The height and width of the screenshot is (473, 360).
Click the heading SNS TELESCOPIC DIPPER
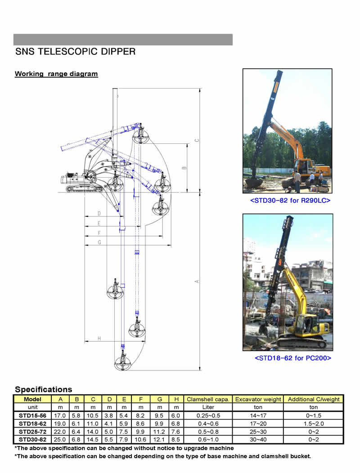tap(76, 51)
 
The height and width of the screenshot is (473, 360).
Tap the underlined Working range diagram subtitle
tap(56, 74)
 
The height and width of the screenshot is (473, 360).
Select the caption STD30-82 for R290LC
tap(290, 200)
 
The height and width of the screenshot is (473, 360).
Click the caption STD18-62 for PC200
tap(293, 358)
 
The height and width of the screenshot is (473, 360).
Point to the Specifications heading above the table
tap(44, 389)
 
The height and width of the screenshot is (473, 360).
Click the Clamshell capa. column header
tap(208, 399)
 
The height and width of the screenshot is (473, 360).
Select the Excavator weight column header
tap(258, 399)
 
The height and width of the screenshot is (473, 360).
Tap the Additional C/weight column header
tap(314, 399)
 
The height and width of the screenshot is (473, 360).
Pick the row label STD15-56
tap(32, 415)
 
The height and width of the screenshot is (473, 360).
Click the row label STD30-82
tap(32, 440)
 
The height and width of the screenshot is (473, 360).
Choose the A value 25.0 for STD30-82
tap(60, 440)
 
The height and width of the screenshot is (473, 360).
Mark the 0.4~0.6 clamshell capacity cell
tap(208, 424)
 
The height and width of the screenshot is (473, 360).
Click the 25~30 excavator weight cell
tap(258, 432)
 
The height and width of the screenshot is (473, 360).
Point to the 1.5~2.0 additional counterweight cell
tap(314, 424)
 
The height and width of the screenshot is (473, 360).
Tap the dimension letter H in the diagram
tap(99, 339)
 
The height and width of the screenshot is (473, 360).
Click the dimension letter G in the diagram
tap(99, 242)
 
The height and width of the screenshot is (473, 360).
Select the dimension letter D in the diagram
tap(99, 214)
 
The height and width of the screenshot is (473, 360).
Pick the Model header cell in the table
tap(32, 399)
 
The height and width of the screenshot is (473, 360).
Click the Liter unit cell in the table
tap(208, 407)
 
